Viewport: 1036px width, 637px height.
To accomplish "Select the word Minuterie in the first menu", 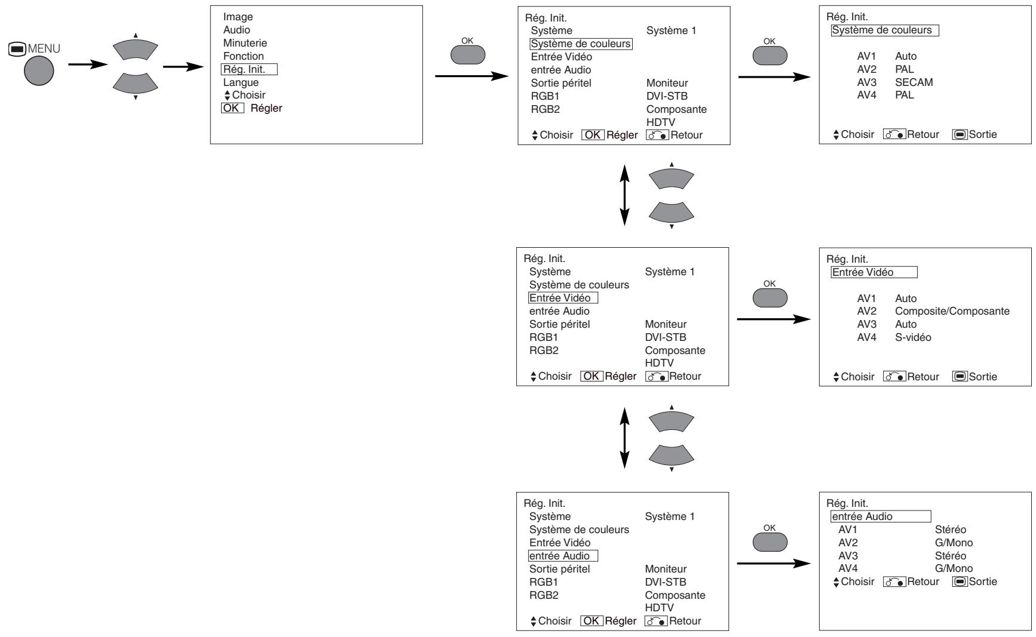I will coord(245,43).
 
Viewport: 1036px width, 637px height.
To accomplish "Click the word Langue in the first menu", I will coord(241,82).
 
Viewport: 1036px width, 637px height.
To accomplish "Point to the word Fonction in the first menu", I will coord(243,56).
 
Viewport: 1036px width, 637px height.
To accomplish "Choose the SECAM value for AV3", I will coord(914,82).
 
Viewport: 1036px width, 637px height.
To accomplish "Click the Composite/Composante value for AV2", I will coord(952,311).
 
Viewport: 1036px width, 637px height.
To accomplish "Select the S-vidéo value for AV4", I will coord(913,337).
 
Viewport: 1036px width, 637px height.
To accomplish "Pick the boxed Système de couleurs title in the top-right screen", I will coord(884,30).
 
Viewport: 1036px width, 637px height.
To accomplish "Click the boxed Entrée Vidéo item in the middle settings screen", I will coord(563,298).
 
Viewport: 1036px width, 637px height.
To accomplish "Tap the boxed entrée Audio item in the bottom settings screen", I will coord(563,556).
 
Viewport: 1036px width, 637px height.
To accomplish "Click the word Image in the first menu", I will coord(238,17).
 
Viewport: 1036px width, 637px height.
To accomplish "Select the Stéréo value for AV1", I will coord(950,530).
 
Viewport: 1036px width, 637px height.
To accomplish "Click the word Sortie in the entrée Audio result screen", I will coord(983,581).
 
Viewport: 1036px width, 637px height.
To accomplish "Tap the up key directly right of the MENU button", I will coord(136,48).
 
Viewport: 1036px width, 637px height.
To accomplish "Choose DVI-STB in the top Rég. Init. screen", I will coord(667,96).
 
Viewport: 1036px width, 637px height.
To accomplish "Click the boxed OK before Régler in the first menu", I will coord(232,108).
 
